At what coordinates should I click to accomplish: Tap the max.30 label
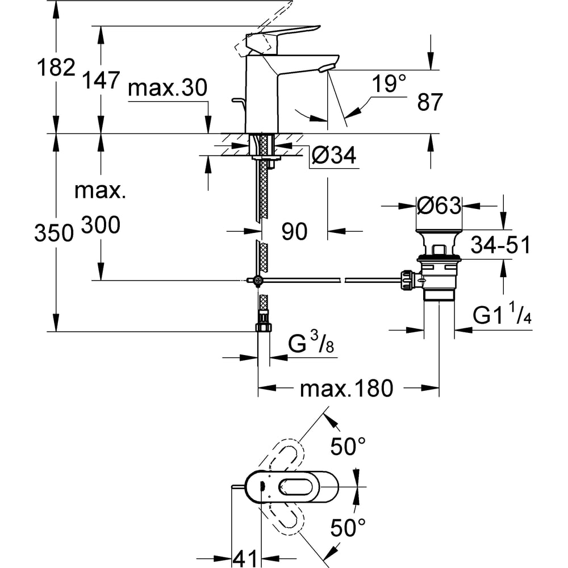[168, 89]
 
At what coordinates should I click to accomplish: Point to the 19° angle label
[389, 85]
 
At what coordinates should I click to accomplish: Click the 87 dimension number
[429, 103]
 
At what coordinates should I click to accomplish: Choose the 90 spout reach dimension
[294, 231]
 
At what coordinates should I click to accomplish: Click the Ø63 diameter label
[438, 205]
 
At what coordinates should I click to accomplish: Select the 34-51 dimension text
[500, 245]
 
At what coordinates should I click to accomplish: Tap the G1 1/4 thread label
[503, 316]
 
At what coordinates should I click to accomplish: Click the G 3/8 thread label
[311, 345]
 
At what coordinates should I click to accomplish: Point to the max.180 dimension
[346, 389]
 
